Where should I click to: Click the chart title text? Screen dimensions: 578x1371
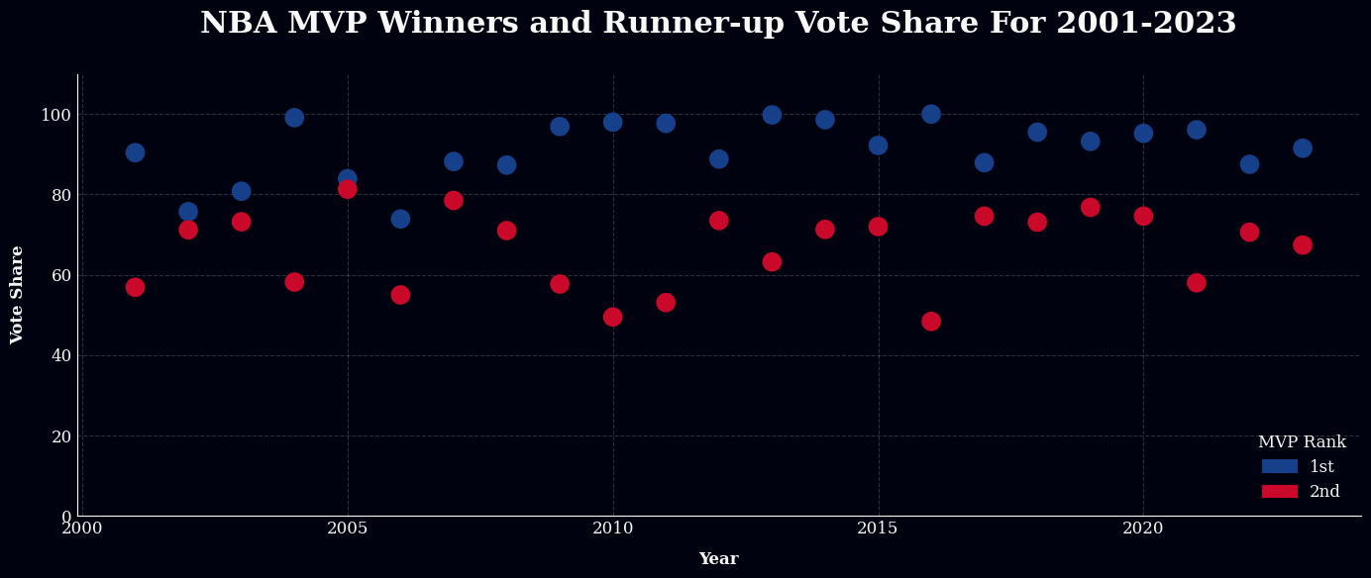(x=718, y=24)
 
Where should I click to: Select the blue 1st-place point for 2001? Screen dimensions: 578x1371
(x=135, y=152)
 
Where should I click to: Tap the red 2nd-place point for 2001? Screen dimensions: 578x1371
(x=135, y=287)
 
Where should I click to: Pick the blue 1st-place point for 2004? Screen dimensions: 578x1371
(x=294, y=118)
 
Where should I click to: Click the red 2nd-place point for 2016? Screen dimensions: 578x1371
(x=931, y=322)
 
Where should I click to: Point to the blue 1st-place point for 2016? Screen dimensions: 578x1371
(x=931, y=114)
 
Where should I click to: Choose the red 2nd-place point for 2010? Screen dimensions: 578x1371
(x=613, y=317)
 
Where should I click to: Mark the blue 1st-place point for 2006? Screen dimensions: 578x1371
(x=400, y=219)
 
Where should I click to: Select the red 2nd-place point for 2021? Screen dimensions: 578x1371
(x=1197, y=283)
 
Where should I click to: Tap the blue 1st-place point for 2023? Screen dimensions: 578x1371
(x=1303, y=148)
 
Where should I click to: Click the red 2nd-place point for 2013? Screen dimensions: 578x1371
(x=772, y=262)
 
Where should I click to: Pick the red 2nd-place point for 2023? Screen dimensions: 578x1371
(x=1303, y=245)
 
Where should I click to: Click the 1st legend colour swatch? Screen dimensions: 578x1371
(x=1279, y=466)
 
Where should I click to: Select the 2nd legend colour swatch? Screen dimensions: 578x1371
(x=1279, y=492)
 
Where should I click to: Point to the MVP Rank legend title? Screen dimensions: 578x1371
(x=1302, y=442)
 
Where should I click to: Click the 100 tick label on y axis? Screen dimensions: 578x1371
(x=55, y=115)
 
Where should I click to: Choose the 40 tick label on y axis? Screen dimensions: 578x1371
(x=60, y=356)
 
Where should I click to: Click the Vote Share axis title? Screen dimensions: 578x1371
(x=18, y=295)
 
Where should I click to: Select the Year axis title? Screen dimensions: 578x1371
(x=718, y=559)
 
